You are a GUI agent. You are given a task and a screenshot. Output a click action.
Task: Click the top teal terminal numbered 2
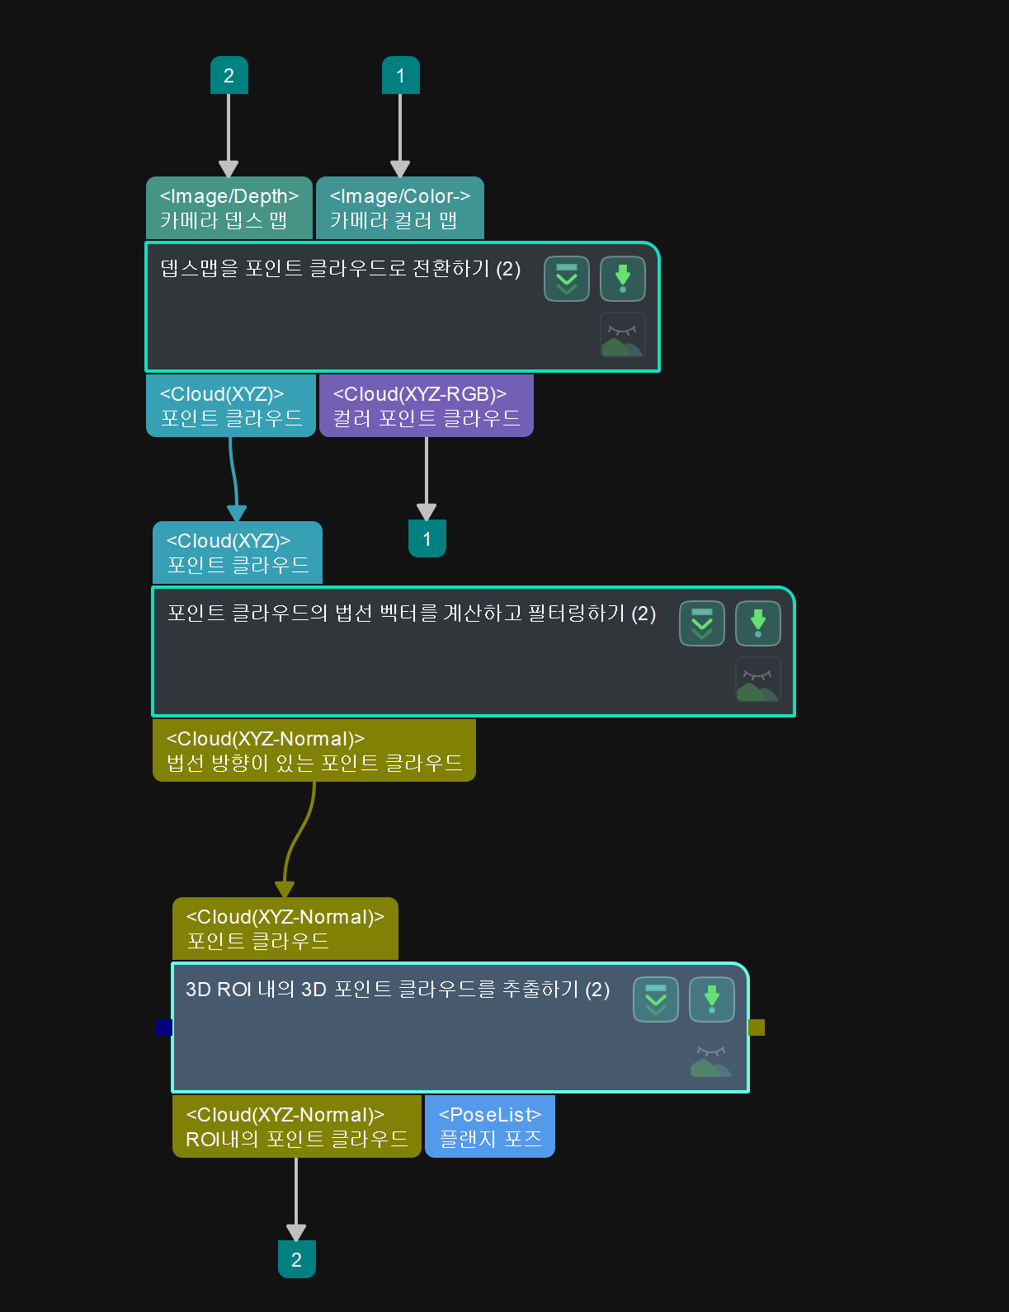point(229,76)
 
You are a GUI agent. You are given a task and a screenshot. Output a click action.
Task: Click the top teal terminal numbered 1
point(400,76)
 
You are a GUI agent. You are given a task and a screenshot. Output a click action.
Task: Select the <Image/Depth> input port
point(229,208)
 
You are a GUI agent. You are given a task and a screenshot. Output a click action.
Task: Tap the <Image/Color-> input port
point(399,208)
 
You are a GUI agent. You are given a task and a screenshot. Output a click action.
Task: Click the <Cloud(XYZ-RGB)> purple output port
point(426,406)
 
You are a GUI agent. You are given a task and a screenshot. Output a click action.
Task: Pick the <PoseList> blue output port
point(489,1126)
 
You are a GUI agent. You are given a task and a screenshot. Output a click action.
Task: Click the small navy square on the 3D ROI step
point(164,1027)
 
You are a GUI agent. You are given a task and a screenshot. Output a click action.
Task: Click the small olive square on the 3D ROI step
point(757,1027)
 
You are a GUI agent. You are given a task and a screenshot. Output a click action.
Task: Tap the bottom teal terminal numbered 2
point(296,1259)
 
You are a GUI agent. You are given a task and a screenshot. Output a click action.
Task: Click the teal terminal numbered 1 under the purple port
point(427,538)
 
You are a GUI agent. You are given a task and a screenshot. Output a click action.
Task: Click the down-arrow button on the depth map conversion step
point(622,279)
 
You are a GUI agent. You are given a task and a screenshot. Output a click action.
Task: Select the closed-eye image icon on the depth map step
point(622,335)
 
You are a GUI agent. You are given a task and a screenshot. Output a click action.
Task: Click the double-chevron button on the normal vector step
point(701,623)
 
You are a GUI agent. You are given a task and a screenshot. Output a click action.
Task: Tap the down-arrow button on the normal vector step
point(757,623)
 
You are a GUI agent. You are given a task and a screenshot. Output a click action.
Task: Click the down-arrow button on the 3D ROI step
point(711,999)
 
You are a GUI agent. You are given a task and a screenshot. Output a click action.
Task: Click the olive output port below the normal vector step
point(314,750)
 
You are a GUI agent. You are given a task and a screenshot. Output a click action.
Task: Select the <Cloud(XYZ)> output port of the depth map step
point(230,406)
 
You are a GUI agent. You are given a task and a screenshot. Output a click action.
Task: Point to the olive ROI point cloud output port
point(296,1126)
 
